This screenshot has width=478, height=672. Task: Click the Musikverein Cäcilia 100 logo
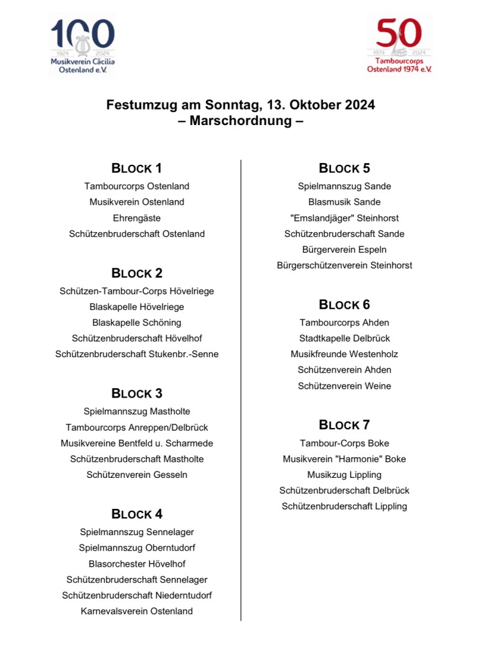click(x=82, y=45)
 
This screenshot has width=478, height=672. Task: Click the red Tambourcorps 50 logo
click(x=399, y=45)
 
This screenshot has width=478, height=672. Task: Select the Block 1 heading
click(x=137, y=168)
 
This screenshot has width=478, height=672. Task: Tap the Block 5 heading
click(x=344, y=168)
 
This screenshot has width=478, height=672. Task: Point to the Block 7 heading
click(x=344, y=425)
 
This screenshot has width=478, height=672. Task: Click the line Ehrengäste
click(x=137, y=218)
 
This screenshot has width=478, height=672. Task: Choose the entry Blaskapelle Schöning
click(x=137, y=322)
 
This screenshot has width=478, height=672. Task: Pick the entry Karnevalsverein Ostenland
click(x=137, y=611)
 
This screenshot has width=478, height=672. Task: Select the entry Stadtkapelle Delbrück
click(x=344, y=338)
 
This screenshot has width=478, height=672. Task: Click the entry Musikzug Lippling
click(x=344, y=475)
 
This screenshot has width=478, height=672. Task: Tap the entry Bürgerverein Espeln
click(x=344, y=250)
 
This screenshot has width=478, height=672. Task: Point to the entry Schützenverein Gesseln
click(x=137, y=475)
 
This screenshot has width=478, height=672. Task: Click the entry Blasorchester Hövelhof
click(x=137, y=564)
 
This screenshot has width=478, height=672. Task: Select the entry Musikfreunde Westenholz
click(x=344, y=354)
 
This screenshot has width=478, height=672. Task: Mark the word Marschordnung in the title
click(x=241, y=121)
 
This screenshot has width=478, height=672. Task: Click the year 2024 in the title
click(x=360, y=105)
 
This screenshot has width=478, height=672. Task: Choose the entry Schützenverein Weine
click(x=344, y=386)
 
